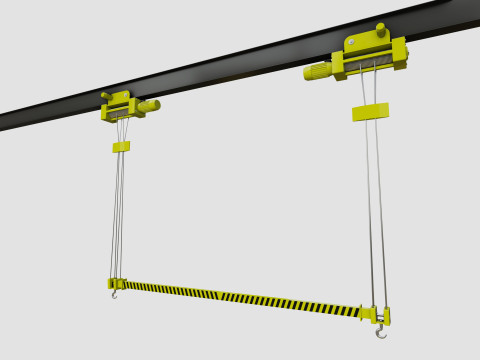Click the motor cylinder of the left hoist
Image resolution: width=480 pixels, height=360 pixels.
pyautogui.click(x=148, y=105)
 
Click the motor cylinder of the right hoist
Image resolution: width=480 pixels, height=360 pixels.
pyautogui.click(x=318, y=71)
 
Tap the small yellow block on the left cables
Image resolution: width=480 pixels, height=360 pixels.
pyautogui.click(x=121, y=147)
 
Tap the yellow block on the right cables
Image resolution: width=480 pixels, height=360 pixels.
pyautogui.click(x=370, y=111)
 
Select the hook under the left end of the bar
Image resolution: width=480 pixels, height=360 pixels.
pyautogui.click(x=115, y=294)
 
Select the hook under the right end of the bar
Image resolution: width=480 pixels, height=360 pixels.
pyautogui.click(x=380, y=331)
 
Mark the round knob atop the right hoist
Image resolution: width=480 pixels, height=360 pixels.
pyautogui.click(x=381, y=28)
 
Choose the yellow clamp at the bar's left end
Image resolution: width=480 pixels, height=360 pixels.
pyautogui.click(x=117, y=284)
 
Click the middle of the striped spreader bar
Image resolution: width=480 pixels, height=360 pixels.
pyautogui.click(x=240, y=297)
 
